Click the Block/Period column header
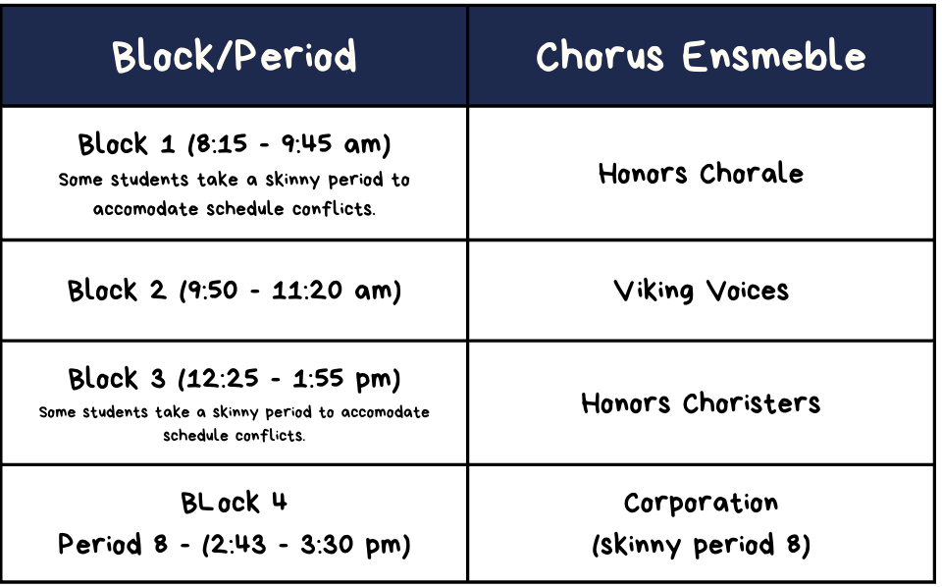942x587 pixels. (235, 56)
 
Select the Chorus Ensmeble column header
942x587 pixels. (701, 56)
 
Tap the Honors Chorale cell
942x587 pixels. (701, 173)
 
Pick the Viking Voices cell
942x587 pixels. (701, 291)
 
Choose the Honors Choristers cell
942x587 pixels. (701, 402)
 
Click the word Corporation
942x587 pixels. (701, 503)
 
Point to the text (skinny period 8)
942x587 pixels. (701, 545)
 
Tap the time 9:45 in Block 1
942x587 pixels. (306, 143)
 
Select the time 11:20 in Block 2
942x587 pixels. (307, 291)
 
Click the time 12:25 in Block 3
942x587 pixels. (223, 379)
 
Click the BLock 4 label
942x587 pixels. (235, 503)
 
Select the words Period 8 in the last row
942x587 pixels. (112, 545)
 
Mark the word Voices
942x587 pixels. (748, 291)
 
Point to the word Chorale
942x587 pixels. (752, 173)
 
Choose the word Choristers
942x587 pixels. (752, 402)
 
